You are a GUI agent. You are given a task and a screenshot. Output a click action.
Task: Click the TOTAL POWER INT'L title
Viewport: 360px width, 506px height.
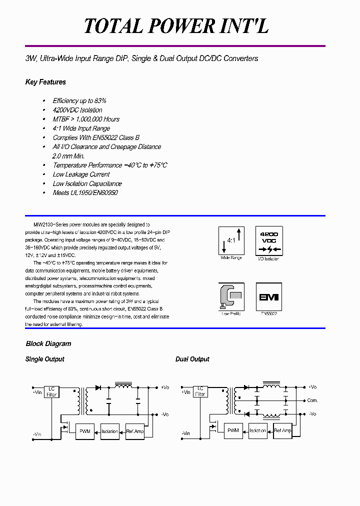176,26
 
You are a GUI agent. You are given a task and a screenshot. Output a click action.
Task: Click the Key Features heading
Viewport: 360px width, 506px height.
45,82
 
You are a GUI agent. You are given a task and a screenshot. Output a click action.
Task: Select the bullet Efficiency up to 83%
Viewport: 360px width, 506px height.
79,100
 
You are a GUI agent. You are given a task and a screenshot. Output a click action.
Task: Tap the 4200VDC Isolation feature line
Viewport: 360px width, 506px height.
77,110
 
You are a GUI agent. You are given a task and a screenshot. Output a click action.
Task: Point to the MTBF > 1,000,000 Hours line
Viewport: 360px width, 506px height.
86,119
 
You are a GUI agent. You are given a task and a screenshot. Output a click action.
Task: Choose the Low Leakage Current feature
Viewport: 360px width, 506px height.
81,174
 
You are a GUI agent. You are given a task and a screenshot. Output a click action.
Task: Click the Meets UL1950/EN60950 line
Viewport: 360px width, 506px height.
85,192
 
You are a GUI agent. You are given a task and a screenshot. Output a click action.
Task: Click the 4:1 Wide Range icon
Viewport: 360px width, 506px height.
231,240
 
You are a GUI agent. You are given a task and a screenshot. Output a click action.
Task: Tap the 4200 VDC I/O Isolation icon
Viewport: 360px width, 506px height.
269,240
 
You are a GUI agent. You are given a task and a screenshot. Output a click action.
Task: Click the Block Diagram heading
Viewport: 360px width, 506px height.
48,343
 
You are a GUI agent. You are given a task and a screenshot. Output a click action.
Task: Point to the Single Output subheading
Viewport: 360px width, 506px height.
44,359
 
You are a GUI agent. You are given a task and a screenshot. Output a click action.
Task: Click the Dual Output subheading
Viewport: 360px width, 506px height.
192,359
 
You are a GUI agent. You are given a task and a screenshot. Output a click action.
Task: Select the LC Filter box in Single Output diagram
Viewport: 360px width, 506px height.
52,392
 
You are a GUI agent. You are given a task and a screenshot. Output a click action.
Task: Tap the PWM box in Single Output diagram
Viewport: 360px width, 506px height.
85,431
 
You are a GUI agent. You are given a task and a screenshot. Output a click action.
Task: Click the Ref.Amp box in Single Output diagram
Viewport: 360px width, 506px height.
135,431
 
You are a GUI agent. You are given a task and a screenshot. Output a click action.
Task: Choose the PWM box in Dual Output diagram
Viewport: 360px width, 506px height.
233,430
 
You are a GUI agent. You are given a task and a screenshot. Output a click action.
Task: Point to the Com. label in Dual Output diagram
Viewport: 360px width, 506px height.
312,400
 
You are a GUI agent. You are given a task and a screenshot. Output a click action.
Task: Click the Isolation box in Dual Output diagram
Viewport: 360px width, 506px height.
258,430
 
